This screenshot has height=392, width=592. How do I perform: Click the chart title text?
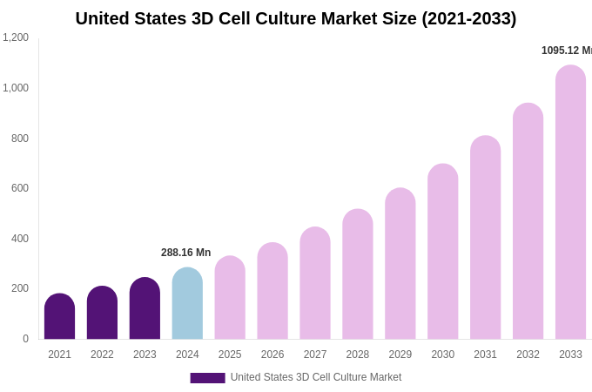pyautogui.click(x=295, y=18)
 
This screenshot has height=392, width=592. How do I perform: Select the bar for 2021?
pyautogui.click(x=59, y=317)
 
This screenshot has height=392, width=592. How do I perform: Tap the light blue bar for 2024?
pyautogui.click(x=187, y=304)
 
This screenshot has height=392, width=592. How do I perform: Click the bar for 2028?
pyautogui.click(x=357, y=274)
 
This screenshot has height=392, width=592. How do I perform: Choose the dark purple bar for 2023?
pyautogui.click(x=145, y=309)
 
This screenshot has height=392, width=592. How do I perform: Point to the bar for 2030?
pyautogui.click(x=442, y=252)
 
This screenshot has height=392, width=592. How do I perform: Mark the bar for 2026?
pyautogui.click(x=272, y=292)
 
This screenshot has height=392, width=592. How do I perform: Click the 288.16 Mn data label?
pyautogui.click(x=185, y=253)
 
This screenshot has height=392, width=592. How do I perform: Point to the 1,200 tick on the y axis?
pyautogui.click(x=16, y=37)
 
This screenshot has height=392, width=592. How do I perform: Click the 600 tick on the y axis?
pyautogui.click(x=19, y=188)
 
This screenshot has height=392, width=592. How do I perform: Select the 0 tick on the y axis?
pyautogui.click(x=25, y=339)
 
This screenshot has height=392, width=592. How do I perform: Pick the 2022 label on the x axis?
pyautogui.click(x=102, y=355)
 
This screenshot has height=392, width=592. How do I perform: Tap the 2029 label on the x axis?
pyautogui.click(x=400, y=355)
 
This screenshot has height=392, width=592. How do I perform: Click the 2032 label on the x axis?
pyautogui.click(x=528, y=355)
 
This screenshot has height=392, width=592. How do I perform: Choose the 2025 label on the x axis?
pyautogui.click(x=230, y=355)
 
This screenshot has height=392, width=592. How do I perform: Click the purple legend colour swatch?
pyautogui.click(x=207, y=378)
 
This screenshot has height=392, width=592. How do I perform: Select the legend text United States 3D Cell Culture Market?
pyautogui.click(x=316, y=377)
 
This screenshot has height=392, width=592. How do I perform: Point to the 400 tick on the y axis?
pyautogui.click(x=19, y=239)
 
